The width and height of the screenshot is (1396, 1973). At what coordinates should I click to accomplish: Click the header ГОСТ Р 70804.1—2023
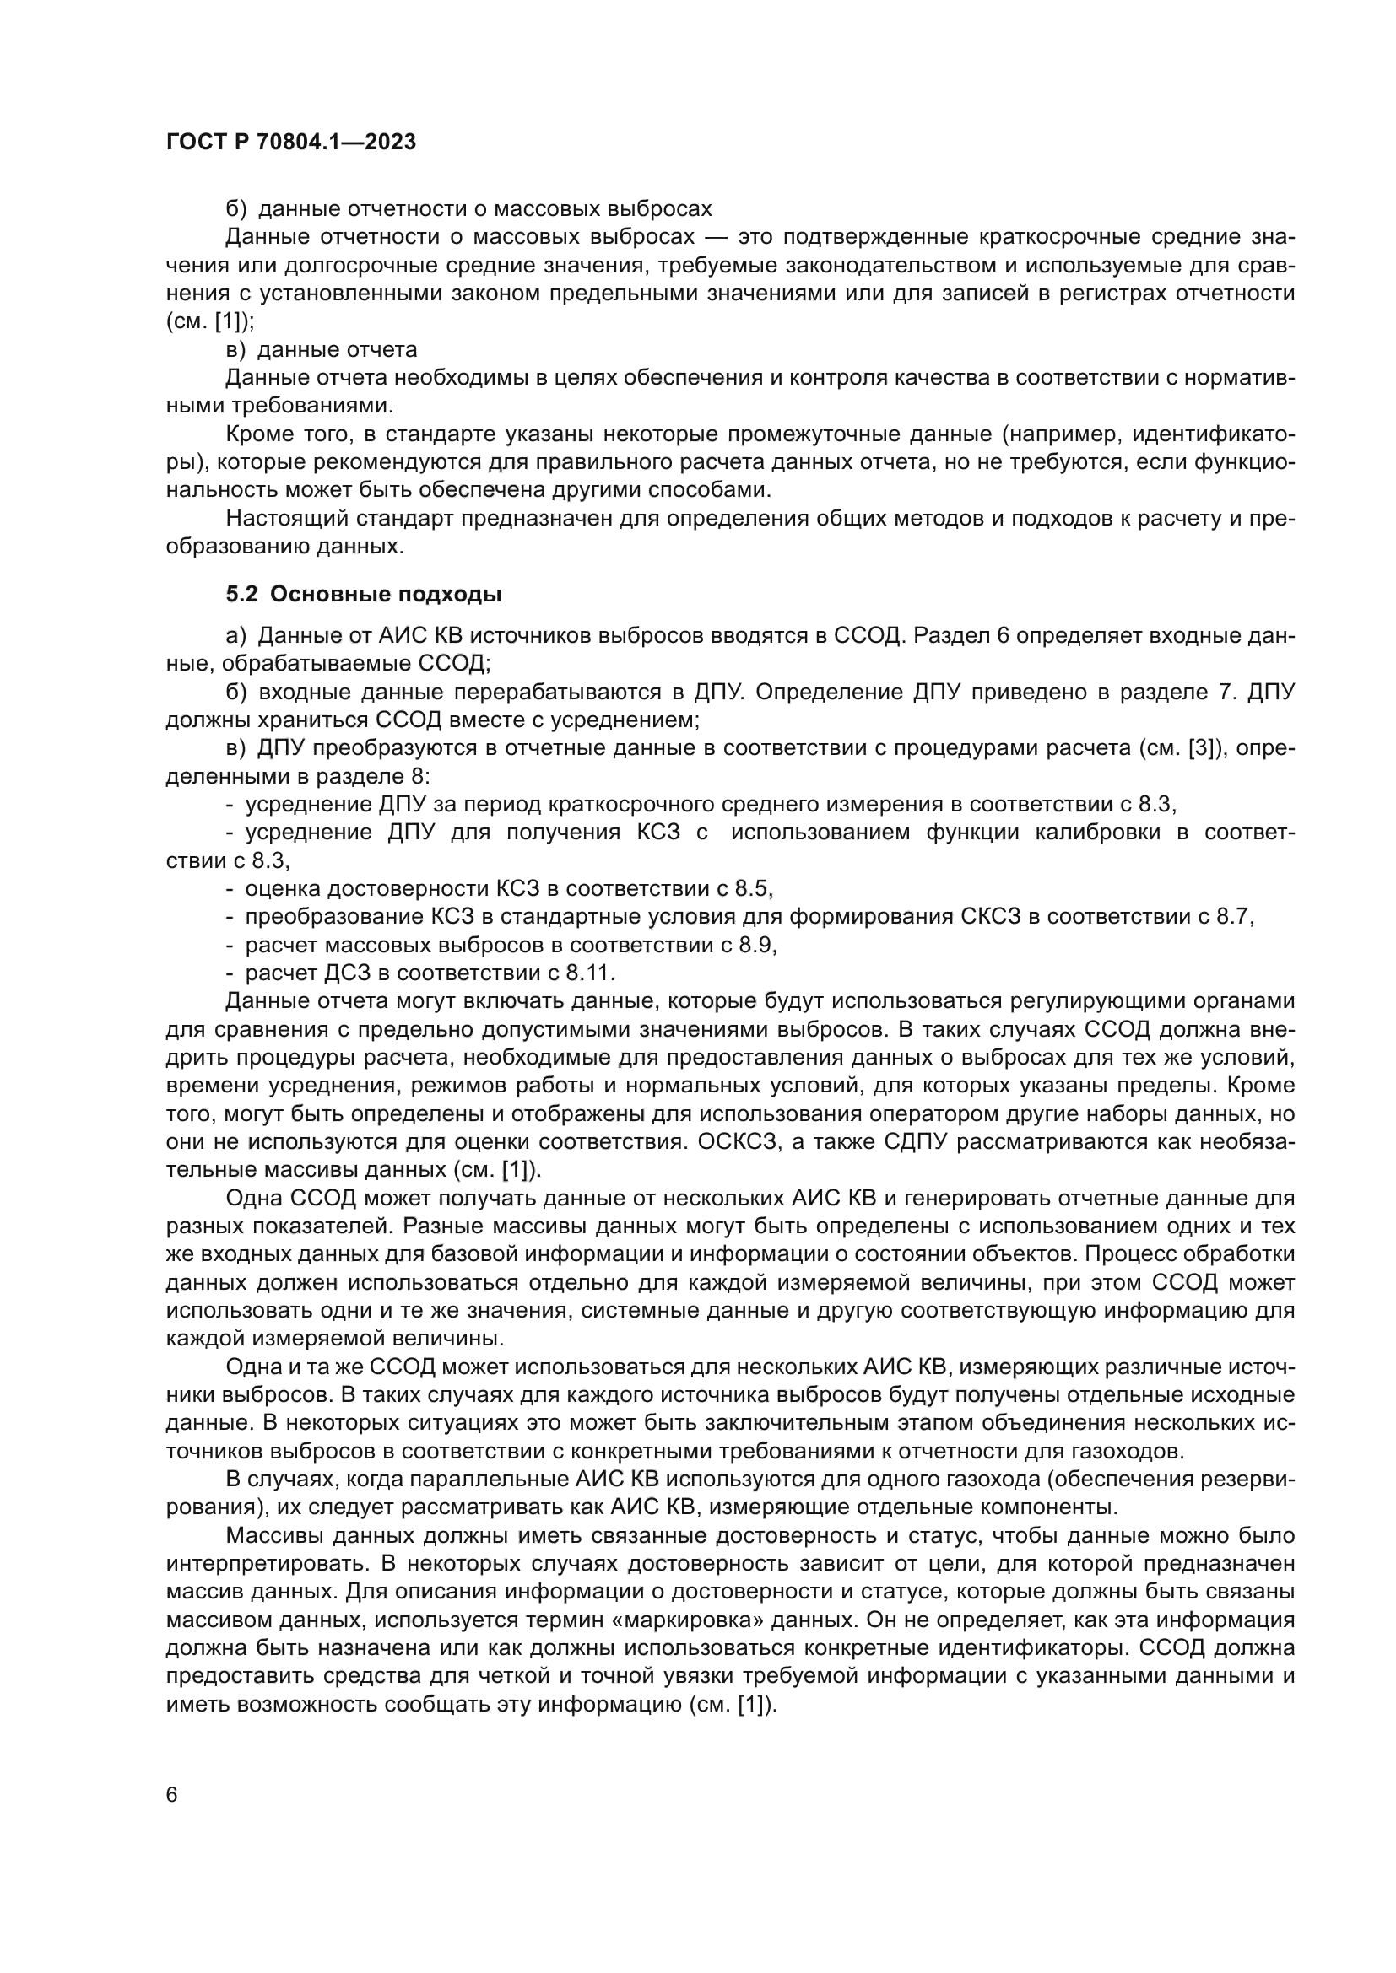[290, 143]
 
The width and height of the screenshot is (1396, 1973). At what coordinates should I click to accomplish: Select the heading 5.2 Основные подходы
[364, 594]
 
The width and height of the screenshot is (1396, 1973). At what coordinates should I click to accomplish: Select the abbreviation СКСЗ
[991, 916]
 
